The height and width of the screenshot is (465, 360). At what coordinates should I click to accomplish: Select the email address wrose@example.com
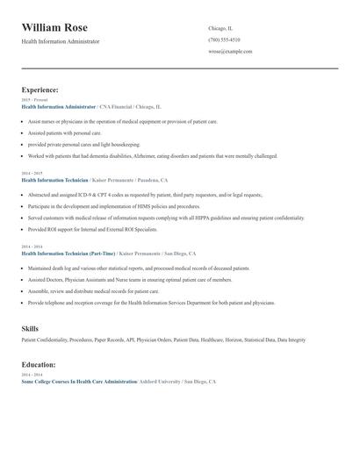(x=230, y=51)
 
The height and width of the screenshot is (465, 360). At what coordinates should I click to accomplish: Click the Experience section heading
(x=40, y=89)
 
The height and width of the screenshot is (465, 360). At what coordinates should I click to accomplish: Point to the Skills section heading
(x=30, y=328)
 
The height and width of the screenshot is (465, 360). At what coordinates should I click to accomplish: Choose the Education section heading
(x=39, y=364)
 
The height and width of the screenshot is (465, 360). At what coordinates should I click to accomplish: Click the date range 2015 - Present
(x=35, y=100)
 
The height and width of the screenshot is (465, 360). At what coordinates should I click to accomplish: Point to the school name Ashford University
(x=159, y=383)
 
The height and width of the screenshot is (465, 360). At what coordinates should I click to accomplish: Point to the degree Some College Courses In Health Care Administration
(x=79, y=383)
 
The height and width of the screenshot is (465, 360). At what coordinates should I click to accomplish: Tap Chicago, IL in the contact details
(x=220, y=28)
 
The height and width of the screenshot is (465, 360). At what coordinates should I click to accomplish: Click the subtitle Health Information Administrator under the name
(x=61, y=41)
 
